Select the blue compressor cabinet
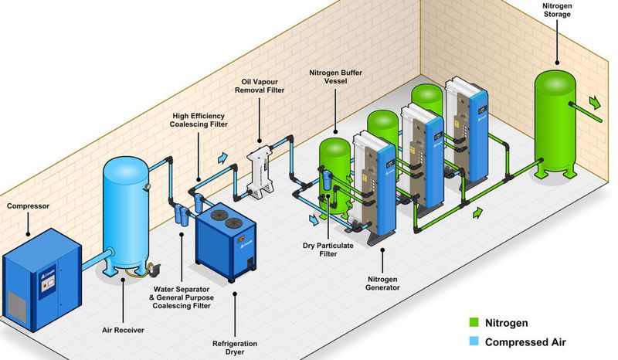point(42,274)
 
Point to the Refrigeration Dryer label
point(236,348)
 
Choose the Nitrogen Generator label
point(384,282)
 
